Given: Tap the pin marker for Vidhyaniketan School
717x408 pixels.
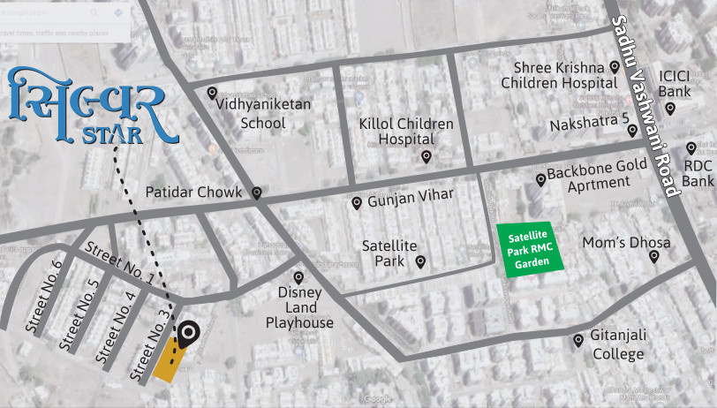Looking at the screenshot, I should pyautogui.click(x=212, y=93).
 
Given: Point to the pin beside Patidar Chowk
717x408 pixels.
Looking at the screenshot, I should pyautogui.click(x=257, y=193).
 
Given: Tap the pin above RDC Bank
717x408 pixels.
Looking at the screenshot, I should pyautogui.click(x=691, y=148).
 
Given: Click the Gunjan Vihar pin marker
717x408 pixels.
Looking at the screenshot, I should pyautogui.click(x=357, y=203).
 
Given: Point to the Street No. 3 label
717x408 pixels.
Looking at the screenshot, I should pyautogui.click(x=150, y=346).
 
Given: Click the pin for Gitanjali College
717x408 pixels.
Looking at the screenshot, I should pyautogui.click(x=578, y=340).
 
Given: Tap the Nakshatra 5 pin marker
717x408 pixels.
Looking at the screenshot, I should pyautogui.click(x=633, y=130).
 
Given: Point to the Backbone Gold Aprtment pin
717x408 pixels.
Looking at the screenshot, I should pyautogui.click(x=541, y=180).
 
